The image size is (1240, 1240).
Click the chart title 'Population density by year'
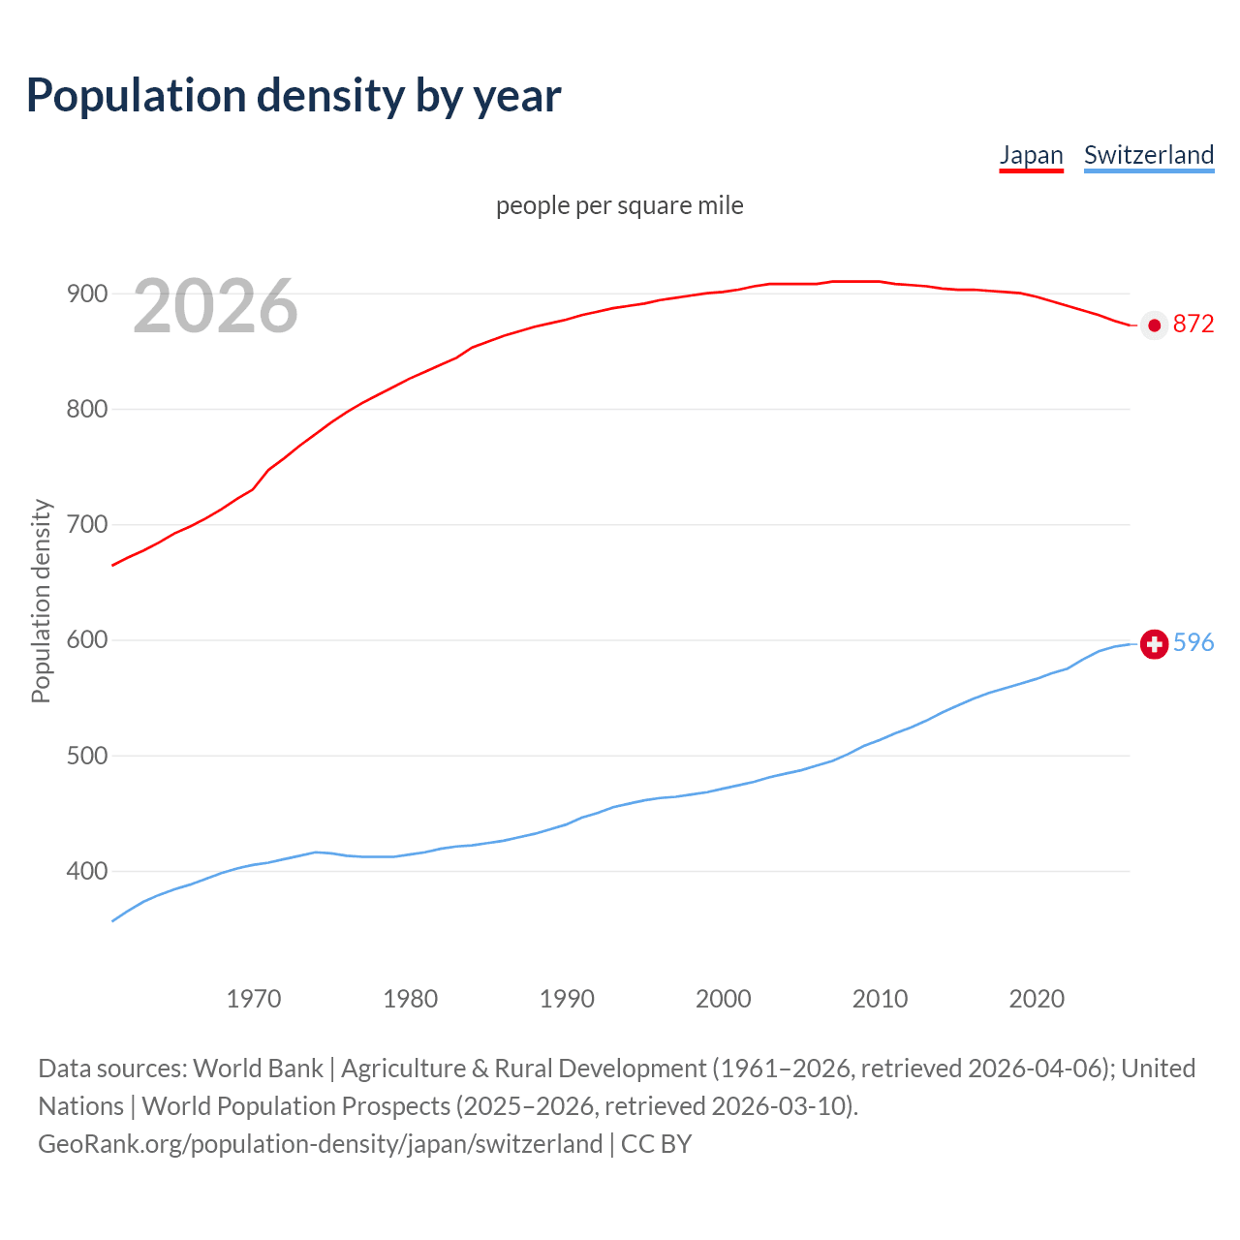click(294, 96)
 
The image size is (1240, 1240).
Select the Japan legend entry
click(1031, 155)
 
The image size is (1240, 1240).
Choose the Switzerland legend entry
click(1148, 155)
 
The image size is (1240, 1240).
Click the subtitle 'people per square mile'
click(619, 205)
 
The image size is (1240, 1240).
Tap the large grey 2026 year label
click(215, 306)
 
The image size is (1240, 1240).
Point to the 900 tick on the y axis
click(86, 294)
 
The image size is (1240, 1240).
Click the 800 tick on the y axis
click(86, 409)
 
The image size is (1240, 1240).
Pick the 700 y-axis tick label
click(86, 524)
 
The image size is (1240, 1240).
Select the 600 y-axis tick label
click(86, 640)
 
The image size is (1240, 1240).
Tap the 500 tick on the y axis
click(86, 756)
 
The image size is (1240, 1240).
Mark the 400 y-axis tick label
click(86, 871)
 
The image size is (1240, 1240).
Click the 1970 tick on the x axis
click(254, 998)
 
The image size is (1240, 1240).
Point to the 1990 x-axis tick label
click(567, 998)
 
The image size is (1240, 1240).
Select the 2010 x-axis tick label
click(880, 998)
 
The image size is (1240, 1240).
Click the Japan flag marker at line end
click(1154, 325)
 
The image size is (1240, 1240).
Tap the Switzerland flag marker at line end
click(1154, 643)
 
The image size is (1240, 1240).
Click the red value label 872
click(1193, 325)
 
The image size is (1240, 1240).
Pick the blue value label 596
click(1193, 642)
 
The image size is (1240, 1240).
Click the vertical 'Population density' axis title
click(41, 601)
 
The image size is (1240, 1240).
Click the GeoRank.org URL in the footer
click(320, 1144)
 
